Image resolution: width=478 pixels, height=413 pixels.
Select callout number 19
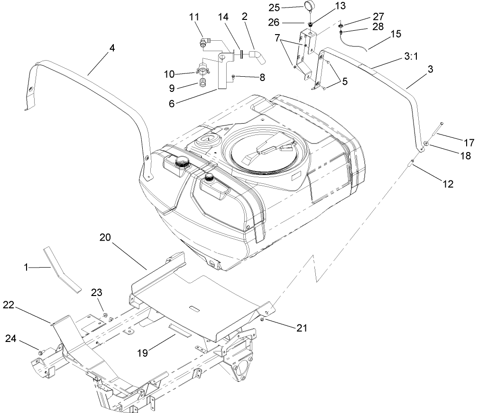pos(143,352)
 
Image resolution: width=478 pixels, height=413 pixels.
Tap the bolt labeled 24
pos(41,352)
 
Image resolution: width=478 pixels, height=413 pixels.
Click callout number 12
pos(447,184)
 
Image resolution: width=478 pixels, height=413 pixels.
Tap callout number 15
pos(396,34)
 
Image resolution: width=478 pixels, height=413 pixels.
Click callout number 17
pos(468,142)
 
